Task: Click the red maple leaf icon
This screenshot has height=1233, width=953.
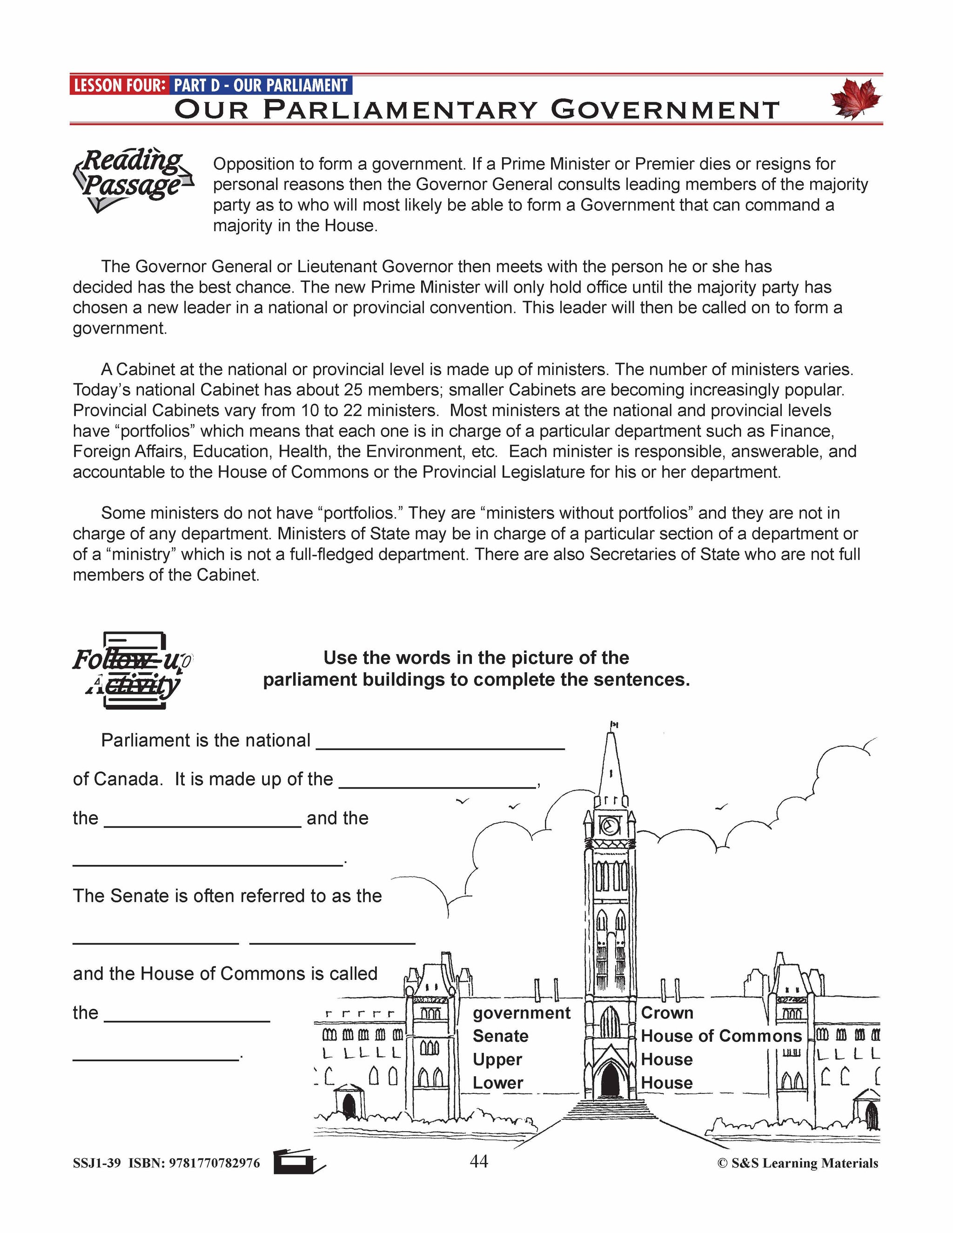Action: tap(856, 98)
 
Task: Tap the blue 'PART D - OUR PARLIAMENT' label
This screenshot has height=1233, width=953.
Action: tap(260, 86)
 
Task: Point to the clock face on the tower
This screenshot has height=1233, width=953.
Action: tap(610, 826)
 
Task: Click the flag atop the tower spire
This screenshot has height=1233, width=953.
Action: tap(614, 724)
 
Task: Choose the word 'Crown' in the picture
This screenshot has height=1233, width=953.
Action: tap(667, 1013)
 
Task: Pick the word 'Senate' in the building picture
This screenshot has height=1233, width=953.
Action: tap(500, 1036)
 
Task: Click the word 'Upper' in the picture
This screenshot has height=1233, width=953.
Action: tap(497, 1059)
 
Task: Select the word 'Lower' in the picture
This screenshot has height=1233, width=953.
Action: tap(497, 1083)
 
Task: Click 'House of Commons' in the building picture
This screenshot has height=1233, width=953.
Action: tap(721, 1036)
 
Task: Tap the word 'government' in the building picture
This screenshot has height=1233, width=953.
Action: tap(522, 1013)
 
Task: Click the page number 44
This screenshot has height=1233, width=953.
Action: tap(479, 1161)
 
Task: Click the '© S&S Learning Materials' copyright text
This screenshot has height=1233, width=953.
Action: tap(797, 1163)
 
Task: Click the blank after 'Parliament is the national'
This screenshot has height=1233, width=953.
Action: tap(440, 741)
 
